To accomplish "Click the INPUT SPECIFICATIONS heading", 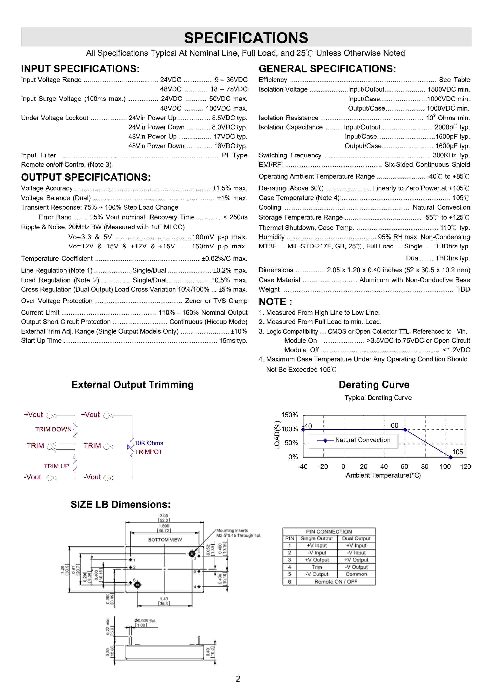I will click(x=80, y=69).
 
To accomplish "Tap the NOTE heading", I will click(x=275, y=302).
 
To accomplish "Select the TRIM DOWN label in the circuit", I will click(x=53, y=429).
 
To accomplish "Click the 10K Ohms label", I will click(x=149, y=443).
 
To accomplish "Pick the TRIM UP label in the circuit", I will click(x=56, y=466).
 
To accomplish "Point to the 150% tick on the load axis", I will click(x=290, y=415).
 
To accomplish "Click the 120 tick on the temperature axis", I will click(x=465, y=467).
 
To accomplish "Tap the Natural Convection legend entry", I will click(x=362, y=440).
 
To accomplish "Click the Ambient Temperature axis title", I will click(x=383, y=475).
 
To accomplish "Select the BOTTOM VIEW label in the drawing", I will click(x=165, y=540).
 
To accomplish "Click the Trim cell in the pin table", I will click(x=317, y=567).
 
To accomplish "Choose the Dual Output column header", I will click(x=356, y=538).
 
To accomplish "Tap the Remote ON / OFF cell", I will click(x=336, y=582).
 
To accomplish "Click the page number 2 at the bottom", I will click(x=238, y=679).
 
